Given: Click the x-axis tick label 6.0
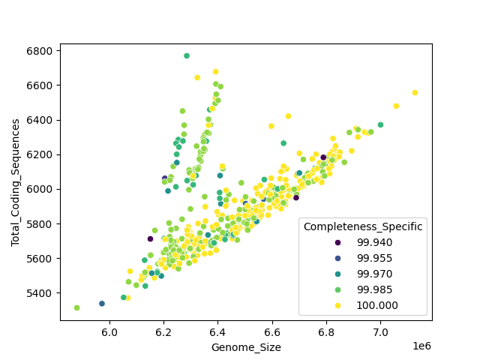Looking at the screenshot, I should [109, 331].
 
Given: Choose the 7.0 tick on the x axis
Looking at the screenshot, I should [380, 331].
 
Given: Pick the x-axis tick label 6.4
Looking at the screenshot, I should [217, 331].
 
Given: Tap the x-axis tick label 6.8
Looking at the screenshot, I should [326, 331].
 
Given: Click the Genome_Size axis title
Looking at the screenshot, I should [246, 346].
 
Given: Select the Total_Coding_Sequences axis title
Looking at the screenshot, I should [15, 182].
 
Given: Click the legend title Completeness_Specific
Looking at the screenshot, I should [363, 226].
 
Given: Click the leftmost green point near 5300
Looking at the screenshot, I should [76, 307].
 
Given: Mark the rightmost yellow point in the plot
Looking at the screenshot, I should [415, 93].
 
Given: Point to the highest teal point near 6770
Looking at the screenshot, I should [187, 55].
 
